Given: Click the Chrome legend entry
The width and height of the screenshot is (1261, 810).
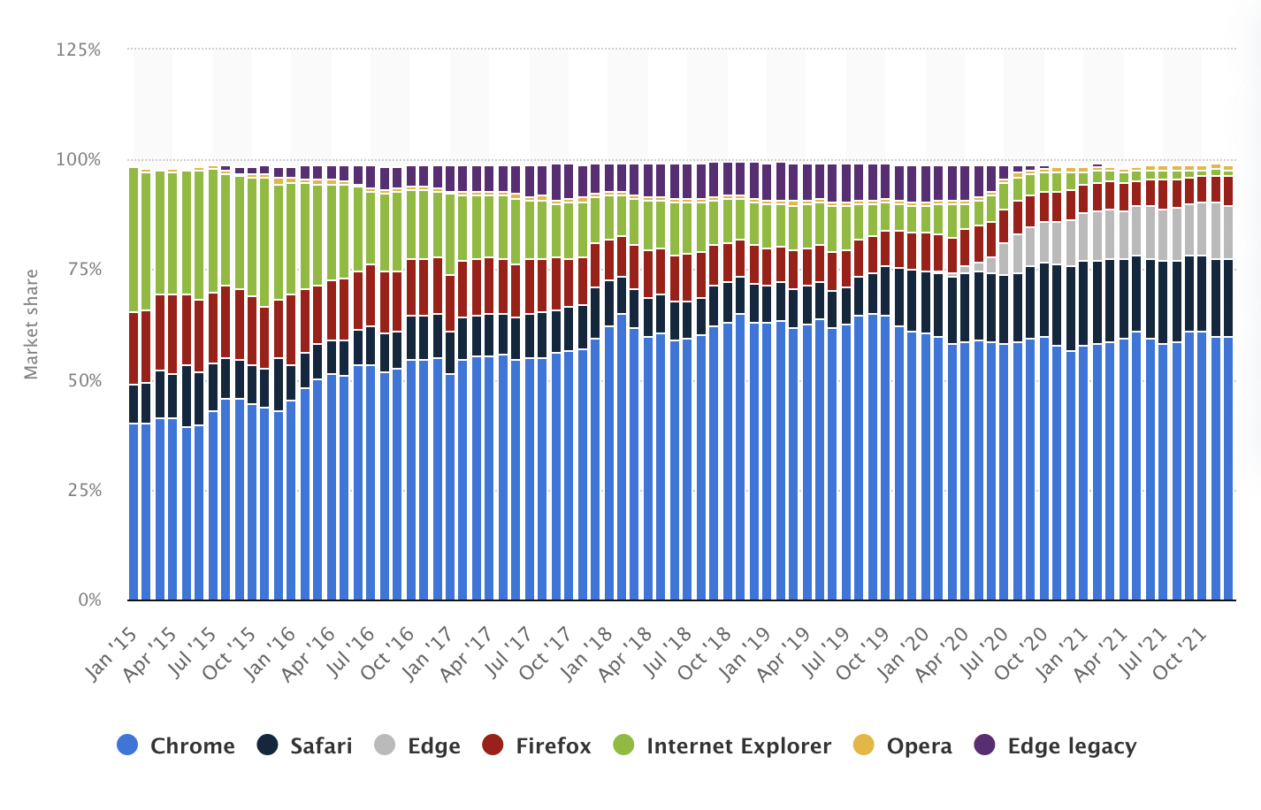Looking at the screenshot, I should coord(176,745).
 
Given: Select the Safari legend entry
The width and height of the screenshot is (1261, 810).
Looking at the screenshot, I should coord(305,745).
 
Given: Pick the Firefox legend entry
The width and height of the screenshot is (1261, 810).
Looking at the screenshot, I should coord(537,745).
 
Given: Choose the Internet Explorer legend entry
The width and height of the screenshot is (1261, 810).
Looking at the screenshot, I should coord(722,745).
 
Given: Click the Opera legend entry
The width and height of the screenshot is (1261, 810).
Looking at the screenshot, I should coord(903,745).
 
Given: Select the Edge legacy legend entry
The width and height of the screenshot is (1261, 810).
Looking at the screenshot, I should coord(1055,745).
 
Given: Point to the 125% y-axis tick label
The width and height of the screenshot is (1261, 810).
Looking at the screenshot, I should coord(79,50).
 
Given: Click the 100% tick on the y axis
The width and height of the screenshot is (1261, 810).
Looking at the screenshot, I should coord(79,160).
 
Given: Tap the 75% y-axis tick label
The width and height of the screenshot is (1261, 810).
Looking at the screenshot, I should coord(83,271).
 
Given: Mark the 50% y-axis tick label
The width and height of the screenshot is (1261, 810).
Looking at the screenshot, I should coord(83,380).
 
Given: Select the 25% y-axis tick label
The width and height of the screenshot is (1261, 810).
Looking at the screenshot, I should coord(83,491).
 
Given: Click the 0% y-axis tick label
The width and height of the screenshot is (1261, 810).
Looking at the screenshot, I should coord(89,600).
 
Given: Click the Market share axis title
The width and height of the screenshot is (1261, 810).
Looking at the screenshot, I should coord(32,325).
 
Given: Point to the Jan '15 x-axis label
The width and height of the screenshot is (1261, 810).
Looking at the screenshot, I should coord(112,653).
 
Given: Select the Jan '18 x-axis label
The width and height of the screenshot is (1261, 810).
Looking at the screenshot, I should coord(589,653).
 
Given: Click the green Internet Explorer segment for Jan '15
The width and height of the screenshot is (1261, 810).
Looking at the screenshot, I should coord(134,240).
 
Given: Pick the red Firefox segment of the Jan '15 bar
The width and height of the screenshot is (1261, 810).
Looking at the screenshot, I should coord(134,348).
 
